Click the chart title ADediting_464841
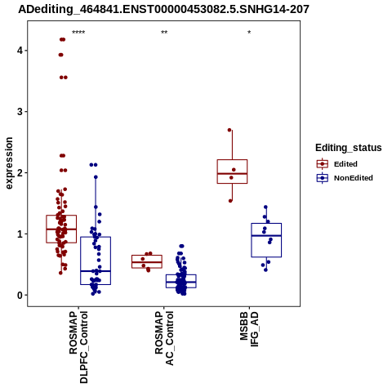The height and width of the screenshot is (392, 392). [x=163, y=10]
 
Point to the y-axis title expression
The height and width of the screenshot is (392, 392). [x=9, y=163]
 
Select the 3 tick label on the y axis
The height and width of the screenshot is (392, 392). [x=20, y=112]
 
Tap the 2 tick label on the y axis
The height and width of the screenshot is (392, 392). [x=20, y=173]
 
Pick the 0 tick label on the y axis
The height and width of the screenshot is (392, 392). [x=20, y=295]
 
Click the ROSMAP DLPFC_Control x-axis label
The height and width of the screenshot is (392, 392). [x=78, y=347]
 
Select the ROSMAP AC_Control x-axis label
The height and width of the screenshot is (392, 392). [x=164, y=338]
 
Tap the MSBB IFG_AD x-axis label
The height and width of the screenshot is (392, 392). [x=249, y=329]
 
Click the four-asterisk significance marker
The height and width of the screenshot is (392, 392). [x=78, y=33]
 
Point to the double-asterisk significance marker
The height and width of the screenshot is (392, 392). [x=164, y=33]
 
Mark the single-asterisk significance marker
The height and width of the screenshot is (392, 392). [x=249, y=33]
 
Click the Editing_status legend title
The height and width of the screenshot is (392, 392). [x=349, y=148]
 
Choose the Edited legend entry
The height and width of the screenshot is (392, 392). [x=345, y=164]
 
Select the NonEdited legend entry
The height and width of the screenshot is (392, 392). [x=354, y=178]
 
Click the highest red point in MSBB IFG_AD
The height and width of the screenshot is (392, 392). [x=229, y=130]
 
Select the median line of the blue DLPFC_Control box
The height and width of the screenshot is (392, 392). [x=96, y=271]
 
